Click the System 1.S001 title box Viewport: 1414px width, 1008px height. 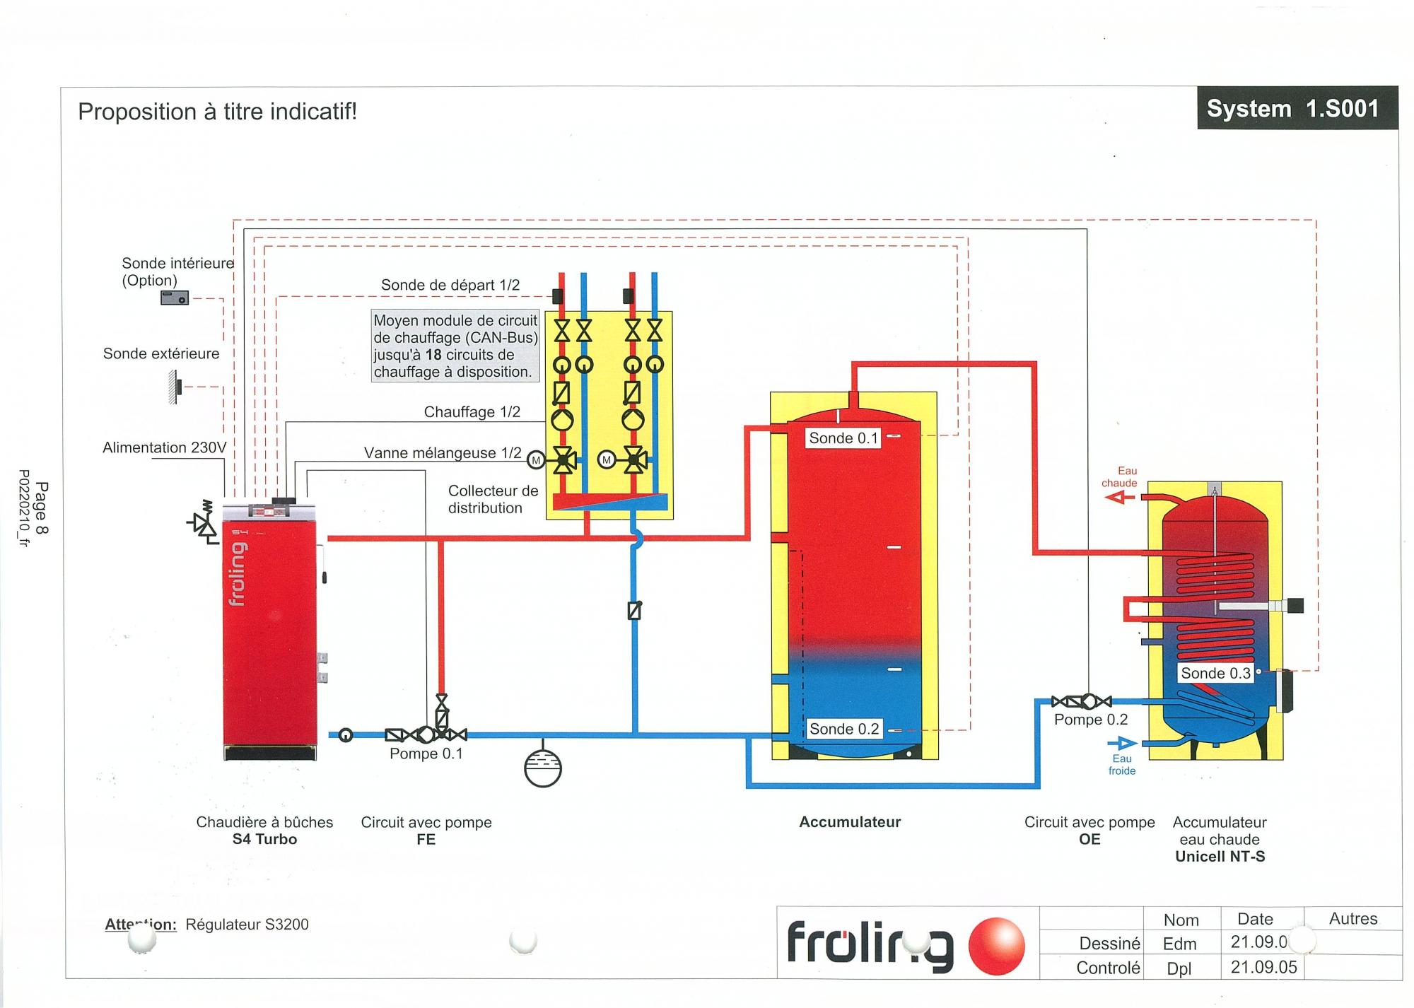(x=1297, y=108)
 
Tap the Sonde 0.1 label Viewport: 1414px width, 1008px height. (x=843, y=438)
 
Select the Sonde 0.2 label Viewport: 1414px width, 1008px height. (x=843, y=729)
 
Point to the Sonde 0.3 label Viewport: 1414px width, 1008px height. (x=1215, y=673)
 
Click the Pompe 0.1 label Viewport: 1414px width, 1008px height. (x=426, y=754)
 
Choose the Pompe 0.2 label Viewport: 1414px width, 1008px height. (x=1090, y=720)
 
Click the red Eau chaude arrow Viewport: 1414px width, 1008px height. (x=1119, y=498)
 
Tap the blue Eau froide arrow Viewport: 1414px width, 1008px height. (x=1123, y=743)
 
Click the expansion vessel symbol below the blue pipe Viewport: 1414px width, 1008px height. (x=542, y=768)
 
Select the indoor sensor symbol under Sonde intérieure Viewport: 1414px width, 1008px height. (x=175, y=298)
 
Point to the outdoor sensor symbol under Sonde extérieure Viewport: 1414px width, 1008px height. (x=174, y=387)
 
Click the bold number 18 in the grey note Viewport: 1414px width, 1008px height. (x=433, y=355)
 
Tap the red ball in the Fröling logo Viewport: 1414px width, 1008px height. (x=996, y=946)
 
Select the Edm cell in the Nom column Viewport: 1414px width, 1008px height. (x=1179, y=944)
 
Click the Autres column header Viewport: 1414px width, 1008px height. (x=1352, y=918)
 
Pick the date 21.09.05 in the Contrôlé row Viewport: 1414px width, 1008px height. (x=1263, y=967)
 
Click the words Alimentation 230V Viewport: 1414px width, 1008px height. (x=164, y=447)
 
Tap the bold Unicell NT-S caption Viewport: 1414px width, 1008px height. (x=1220, y=857)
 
